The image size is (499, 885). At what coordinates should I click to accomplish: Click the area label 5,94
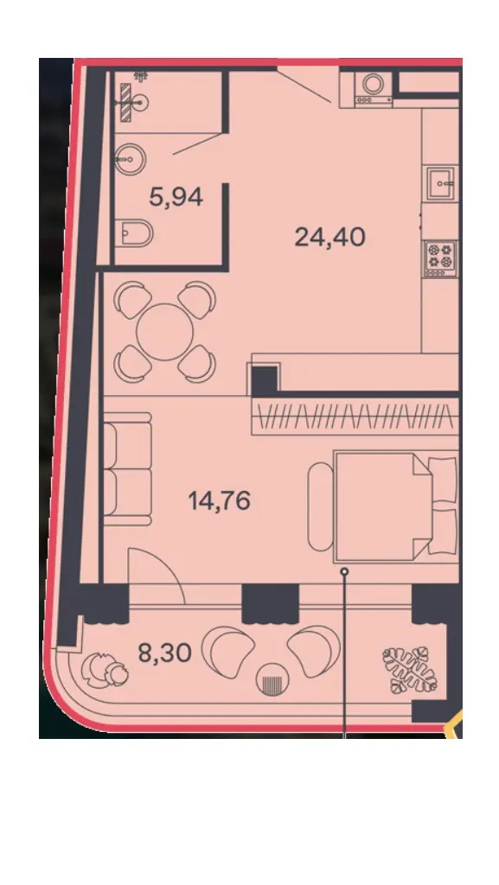pos(176,197)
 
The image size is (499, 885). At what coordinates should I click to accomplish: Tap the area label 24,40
pos(330,237)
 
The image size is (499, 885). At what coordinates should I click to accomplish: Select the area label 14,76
pos(220,500)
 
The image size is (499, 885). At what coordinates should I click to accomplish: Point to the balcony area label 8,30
pos(165,653)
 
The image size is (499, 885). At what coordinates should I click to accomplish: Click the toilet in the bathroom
pos(137,233)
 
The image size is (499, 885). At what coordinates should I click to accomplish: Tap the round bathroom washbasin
pos(131,159)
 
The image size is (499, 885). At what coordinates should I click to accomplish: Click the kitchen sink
pos(441,183)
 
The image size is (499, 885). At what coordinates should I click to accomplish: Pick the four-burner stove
pos(440,258)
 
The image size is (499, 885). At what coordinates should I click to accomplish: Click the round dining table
pos(165,332)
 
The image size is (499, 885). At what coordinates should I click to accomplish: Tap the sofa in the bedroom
pos(127,469)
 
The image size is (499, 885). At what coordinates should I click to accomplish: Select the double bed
pos(396,506)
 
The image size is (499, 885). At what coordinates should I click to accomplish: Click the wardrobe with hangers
pos(355,418)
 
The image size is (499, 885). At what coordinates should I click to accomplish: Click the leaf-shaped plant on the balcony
pos(411,670)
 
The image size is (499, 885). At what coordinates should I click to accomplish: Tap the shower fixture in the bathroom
pos(131,100)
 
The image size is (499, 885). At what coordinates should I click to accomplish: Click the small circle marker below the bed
pos(344,572)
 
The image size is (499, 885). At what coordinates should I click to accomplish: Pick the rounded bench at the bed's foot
pos(321,506)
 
